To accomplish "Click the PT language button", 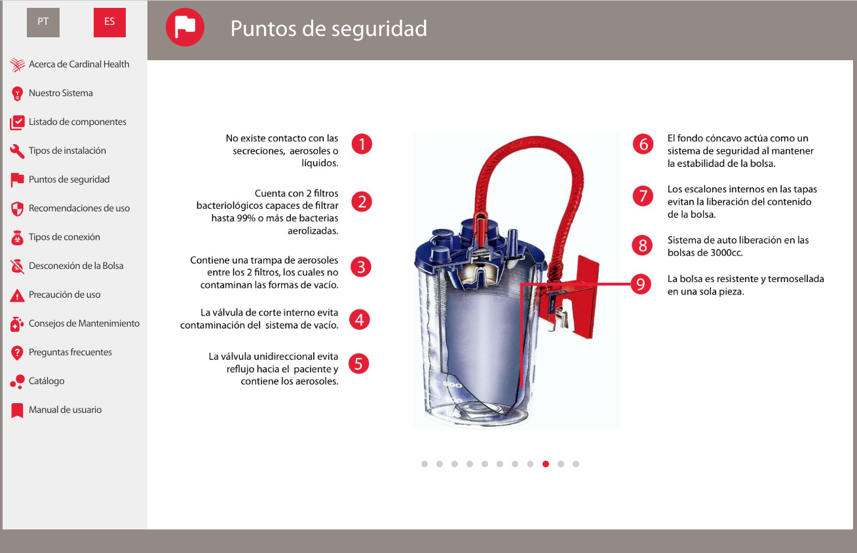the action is [43, 22].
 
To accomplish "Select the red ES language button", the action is [109, 22].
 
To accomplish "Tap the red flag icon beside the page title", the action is [185, 27].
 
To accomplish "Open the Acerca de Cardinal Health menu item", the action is [79, 64].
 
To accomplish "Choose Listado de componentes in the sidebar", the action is [77, 122].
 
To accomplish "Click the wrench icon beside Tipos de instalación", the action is [17, 151].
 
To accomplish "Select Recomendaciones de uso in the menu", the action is [79, 208].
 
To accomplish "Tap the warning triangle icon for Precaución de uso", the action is [17, 295].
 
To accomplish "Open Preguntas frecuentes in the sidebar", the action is [70, 352].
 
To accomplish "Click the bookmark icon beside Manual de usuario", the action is [17, 410].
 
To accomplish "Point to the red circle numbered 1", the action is [362, 144].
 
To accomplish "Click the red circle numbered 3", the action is [361, 267].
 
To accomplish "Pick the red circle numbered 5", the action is [358, 363].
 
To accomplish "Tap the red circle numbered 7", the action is [643, 196].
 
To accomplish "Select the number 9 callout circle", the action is [640, 284].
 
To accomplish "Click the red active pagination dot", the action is [546, 464].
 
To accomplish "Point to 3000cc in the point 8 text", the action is [727, 253].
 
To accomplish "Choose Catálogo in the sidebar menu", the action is [47, 381].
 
